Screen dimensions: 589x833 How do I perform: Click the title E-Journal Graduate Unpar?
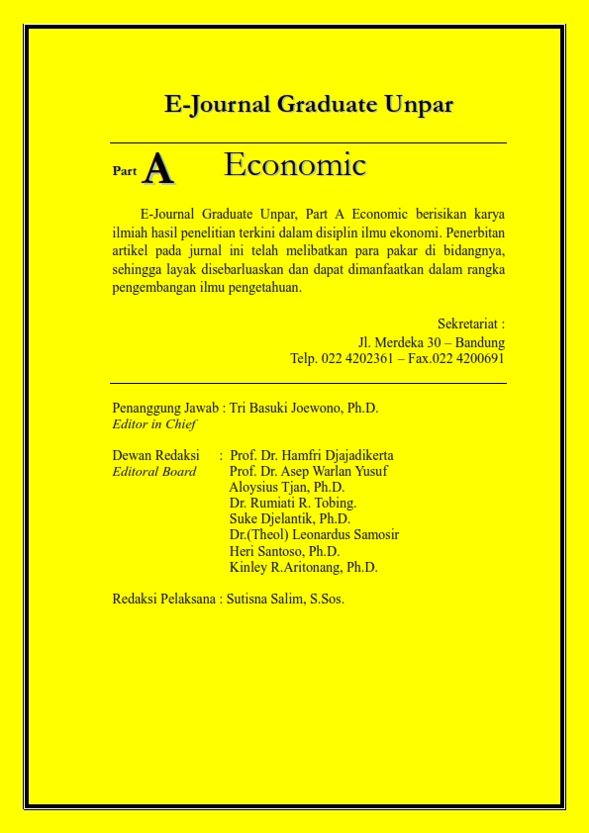309,105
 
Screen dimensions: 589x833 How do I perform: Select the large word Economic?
295,164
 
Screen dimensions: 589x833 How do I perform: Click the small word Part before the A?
125,171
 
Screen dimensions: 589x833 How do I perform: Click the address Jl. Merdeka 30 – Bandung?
432,341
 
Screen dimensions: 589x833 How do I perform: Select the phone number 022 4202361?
355,358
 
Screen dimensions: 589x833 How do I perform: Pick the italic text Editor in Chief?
154,424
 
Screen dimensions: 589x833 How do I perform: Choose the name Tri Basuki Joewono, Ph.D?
304,408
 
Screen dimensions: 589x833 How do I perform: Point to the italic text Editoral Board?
154,472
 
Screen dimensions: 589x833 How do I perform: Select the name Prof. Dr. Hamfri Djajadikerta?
312,455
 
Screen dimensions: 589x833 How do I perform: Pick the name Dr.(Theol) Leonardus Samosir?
314,535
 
